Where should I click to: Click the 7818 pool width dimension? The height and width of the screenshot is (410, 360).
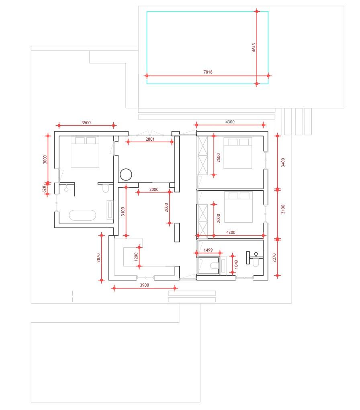208,72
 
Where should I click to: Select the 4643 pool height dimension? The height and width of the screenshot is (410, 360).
254,47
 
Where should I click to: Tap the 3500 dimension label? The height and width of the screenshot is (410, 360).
86,123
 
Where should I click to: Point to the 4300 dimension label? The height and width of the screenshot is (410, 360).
230,122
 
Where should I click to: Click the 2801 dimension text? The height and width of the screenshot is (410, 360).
150,139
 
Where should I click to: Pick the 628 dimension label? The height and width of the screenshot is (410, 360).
44,189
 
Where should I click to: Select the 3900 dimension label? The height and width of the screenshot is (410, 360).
144,285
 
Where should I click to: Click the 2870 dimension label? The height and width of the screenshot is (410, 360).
98,258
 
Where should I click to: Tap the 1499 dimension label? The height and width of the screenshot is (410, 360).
208,250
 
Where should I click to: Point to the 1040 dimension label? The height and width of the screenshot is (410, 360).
236,264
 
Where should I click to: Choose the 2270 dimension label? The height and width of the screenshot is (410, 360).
274,258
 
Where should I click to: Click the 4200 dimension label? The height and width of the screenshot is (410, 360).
231,232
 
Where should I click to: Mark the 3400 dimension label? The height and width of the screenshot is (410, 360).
283,162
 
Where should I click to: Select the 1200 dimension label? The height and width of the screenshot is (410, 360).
136,257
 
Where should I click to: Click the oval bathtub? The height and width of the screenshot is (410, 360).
82,215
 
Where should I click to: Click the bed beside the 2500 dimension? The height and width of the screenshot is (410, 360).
238,153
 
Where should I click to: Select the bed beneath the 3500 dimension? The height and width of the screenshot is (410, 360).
85,152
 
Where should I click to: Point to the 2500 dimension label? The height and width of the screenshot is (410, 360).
219,158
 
